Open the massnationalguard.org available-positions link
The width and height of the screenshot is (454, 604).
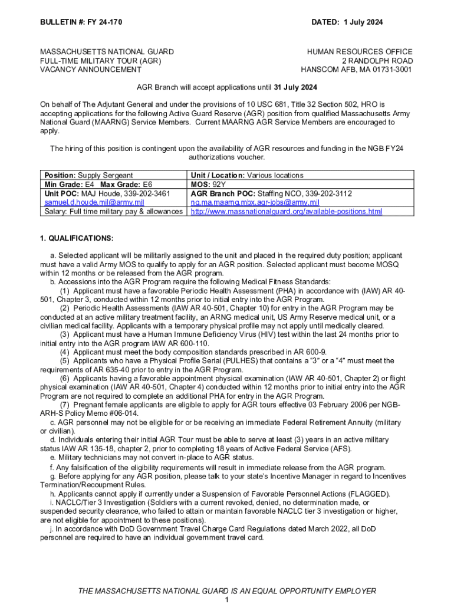pos(287,211)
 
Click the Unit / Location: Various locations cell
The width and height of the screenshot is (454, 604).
pos(247,175)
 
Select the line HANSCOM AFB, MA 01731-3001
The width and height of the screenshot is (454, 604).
pos(357,70)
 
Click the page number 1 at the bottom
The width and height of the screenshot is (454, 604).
pos(227,599)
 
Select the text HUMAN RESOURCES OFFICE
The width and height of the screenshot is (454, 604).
pos(360,52)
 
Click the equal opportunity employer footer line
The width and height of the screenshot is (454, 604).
pos(227,591)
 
